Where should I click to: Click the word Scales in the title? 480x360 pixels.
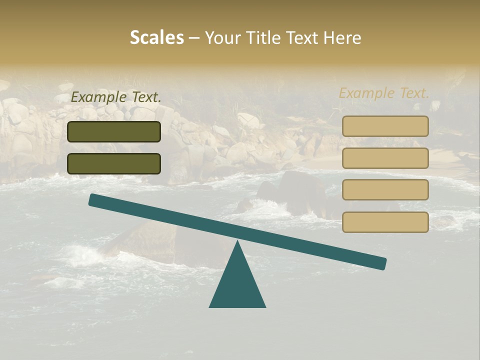(156, 37)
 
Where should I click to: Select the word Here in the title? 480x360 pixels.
(342, 37)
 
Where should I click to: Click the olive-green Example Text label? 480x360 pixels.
(116, 97)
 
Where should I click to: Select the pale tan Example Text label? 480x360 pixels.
(384, 93)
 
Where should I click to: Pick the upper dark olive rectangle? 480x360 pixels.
(114, 131)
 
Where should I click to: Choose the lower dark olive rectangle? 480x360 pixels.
(114, 163)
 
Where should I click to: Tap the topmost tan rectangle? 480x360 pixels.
(385, 126)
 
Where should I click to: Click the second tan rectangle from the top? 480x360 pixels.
(385, 158)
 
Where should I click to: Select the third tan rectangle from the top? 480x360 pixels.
(385, 189)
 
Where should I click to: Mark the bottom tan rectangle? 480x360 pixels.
(385, 222)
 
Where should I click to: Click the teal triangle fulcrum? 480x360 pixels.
(237, 285)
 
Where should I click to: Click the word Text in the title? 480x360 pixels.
(304, 37)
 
